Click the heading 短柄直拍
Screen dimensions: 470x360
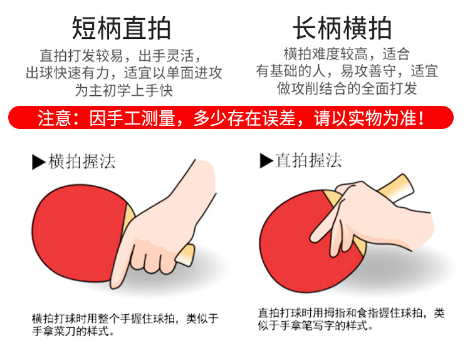point(122,28)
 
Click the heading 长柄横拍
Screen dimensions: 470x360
point(342,28)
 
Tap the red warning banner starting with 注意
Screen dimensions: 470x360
point(231,118)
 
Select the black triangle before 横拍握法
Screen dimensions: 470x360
point(39,162)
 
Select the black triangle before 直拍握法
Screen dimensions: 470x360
point(266,160)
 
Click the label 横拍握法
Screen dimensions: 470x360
point(81,162)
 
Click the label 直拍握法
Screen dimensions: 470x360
point(308,160)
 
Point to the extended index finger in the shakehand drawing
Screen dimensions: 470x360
point(122,260)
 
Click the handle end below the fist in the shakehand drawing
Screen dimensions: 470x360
point(187,255)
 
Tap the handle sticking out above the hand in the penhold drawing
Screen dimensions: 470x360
point(395,188)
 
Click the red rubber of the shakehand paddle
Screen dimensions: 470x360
point(78,232)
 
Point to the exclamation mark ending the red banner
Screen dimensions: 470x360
point(421,118)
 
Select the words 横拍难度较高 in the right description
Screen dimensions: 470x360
point(325,54)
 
